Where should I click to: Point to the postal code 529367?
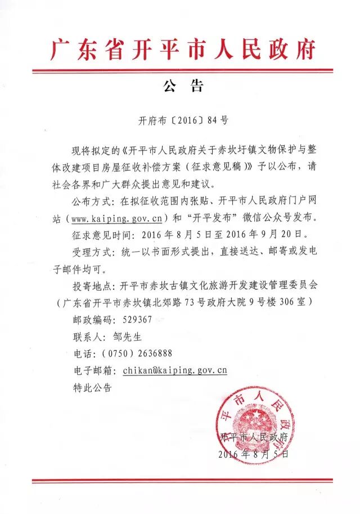pyautogui.click(x=137, y=320)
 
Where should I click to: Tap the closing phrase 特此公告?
pyautogui.click(x=93, y=387)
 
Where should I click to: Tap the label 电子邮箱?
pyautogui.click(x=91, y=370)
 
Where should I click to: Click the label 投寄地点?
pyautogui.click(x=91, y=285)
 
